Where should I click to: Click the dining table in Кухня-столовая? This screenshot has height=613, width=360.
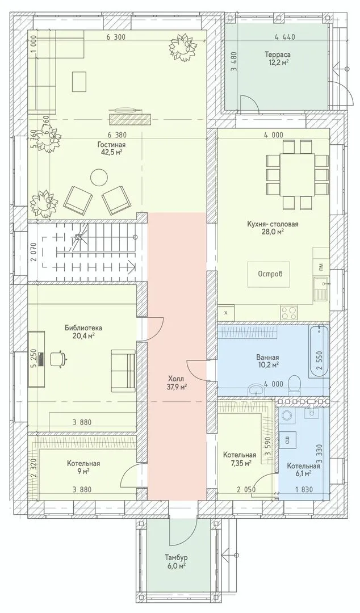[x=297, y=175]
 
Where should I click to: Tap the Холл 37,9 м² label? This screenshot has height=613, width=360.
[x=177, y=383]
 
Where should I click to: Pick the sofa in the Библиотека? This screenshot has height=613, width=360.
[x=123, y=370]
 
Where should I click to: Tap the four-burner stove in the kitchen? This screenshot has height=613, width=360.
[x=290, y=312]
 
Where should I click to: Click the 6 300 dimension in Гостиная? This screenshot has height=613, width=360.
[x=115, y=37]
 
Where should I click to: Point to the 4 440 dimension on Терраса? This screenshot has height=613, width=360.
[x=285, y=37]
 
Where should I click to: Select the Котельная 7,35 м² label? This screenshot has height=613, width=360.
[x=240, y=459]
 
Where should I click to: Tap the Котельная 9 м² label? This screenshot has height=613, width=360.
[x=83, y=467]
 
